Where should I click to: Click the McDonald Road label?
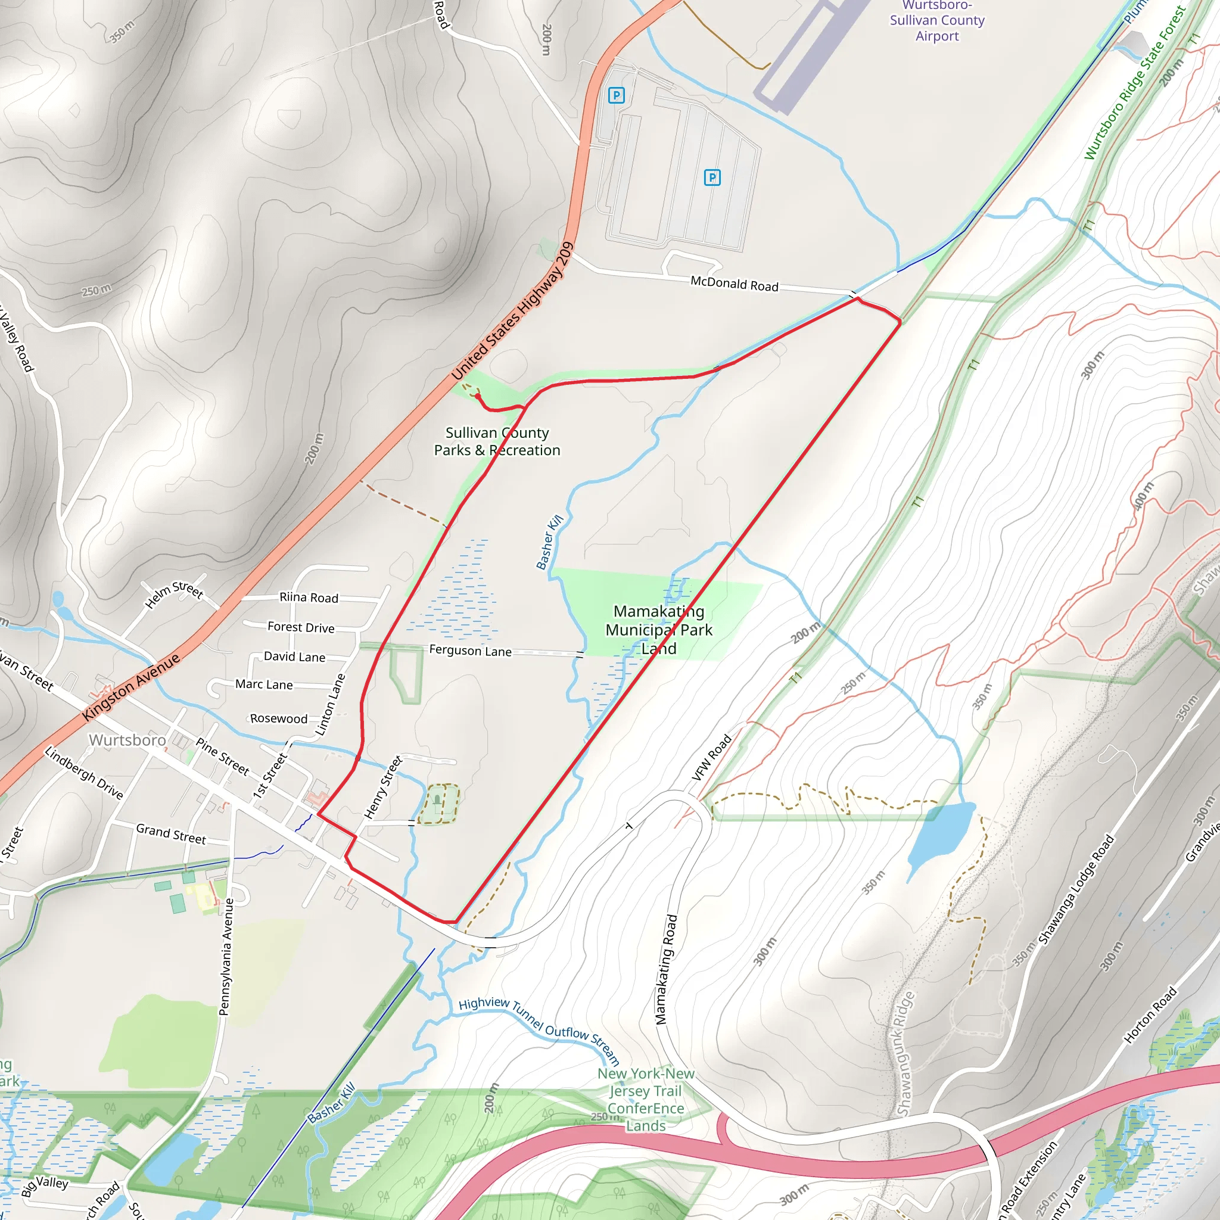coord(734,284)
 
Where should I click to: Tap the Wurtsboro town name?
coord(127,740)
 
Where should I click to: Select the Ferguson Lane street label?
coord(470,651)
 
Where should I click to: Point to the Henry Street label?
coord(383,788)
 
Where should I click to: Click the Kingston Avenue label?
coord(131,687)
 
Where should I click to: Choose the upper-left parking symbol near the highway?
coord(616,95)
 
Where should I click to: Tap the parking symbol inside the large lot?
coord(712,178)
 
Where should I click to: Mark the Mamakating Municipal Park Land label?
coord(659,630)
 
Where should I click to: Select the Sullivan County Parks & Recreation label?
coord(497,441)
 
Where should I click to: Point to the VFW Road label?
coord(712,757)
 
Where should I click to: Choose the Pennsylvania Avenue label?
coord(225,957)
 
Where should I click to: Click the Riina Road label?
coord(309,597)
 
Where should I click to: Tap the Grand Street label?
coord(170,833)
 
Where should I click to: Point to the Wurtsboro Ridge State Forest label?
coord(1134,83)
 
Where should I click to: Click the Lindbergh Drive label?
coord(83,772)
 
